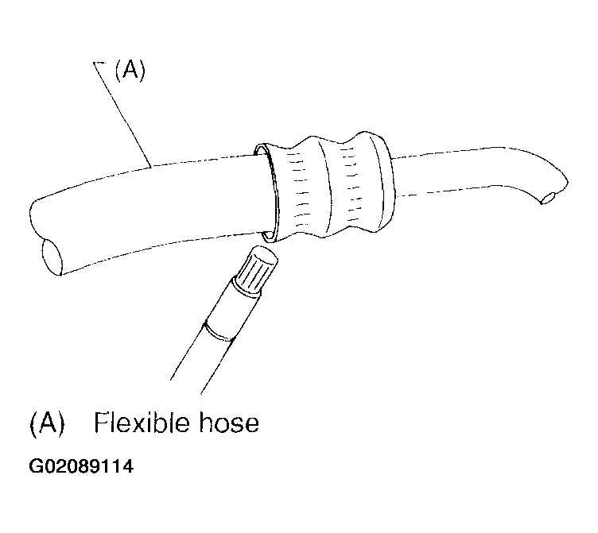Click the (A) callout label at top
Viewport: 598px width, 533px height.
pos(130,71)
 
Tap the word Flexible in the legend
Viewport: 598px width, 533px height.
pos(145,423)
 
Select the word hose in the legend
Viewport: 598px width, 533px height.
pos(229,423)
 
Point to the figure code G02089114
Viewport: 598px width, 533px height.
pos(81,466)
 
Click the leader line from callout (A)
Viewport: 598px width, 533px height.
pos(122,114)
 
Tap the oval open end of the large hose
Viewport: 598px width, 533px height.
pos(52,256)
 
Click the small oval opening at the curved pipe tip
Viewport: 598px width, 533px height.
pos(549,199)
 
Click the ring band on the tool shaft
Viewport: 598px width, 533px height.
pos(219,330)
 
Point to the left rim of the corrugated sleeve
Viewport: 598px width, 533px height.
pos(268,193)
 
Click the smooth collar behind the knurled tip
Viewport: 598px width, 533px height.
pos(226,305)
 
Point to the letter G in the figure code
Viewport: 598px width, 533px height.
pos(35,466)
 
